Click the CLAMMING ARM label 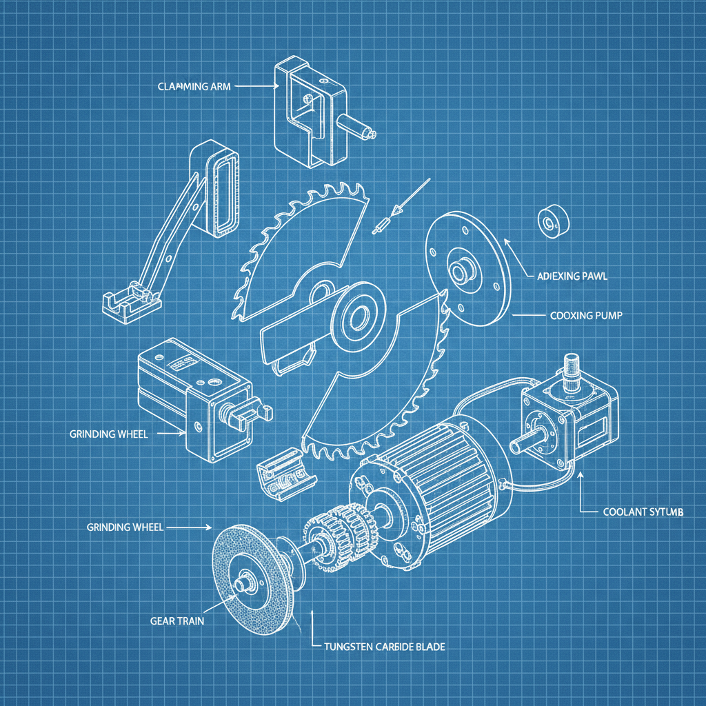pos(194,87)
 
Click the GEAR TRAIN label pos(176,621)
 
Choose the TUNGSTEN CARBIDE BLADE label pos(384,647)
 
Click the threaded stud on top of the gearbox pos(572,372)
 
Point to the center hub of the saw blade pos(359,317)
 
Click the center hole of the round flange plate pos(458,270)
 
